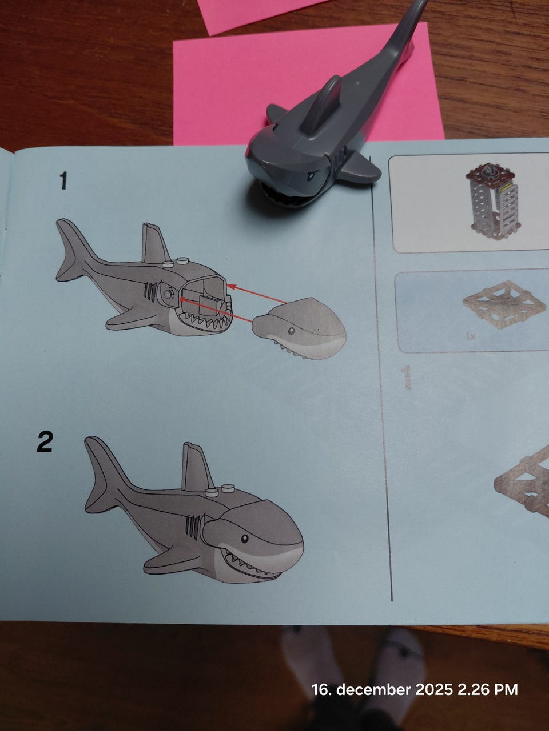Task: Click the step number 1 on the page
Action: point(63,180)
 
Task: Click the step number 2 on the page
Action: point(45,442)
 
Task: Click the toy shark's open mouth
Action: point(283,196)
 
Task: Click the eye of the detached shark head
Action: point(291,330)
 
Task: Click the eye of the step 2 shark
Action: point(245,539)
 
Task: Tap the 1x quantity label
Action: point(471,337)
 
